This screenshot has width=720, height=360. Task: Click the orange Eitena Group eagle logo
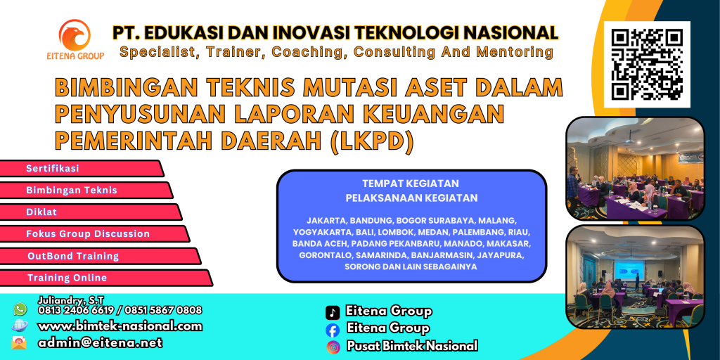pos(75,35)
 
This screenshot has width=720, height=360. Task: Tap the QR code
pos(647,64)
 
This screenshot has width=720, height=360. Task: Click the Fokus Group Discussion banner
pos(95,233)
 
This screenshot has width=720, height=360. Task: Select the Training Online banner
pos(106,278)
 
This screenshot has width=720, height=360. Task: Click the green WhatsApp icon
pos(20,309)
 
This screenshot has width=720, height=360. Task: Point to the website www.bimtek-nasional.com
pos(120,326)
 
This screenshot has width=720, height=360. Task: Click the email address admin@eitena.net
pos(100,342)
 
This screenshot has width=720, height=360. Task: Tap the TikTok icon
pos(333,312)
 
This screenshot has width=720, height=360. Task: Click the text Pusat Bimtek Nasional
pos(412,346)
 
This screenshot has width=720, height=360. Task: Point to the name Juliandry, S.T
pos(71,300)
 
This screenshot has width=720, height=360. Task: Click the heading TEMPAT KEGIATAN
pos(411,184)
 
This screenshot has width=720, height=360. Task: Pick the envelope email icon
pos(19,342)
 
